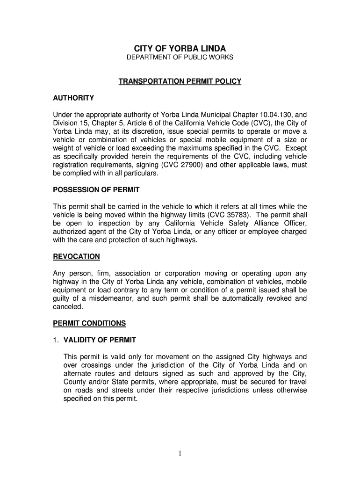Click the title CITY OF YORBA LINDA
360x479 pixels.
tap(180, 49)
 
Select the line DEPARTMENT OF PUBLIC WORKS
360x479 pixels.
tap(180, 58)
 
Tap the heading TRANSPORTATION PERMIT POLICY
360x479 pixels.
tap(180, 81)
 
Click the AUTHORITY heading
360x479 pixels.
tap(73, 98)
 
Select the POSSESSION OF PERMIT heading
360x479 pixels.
tap(96, 190)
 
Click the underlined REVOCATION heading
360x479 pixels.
tap(76, 257)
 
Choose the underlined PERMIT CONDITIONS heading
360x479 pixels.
tap(89, 323)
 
